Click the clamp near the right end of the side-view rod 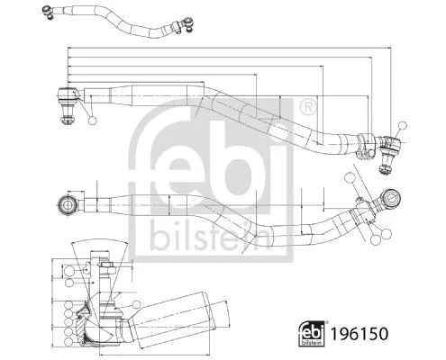click(367, 144)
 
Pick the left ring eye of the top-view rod click(68, 203)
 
